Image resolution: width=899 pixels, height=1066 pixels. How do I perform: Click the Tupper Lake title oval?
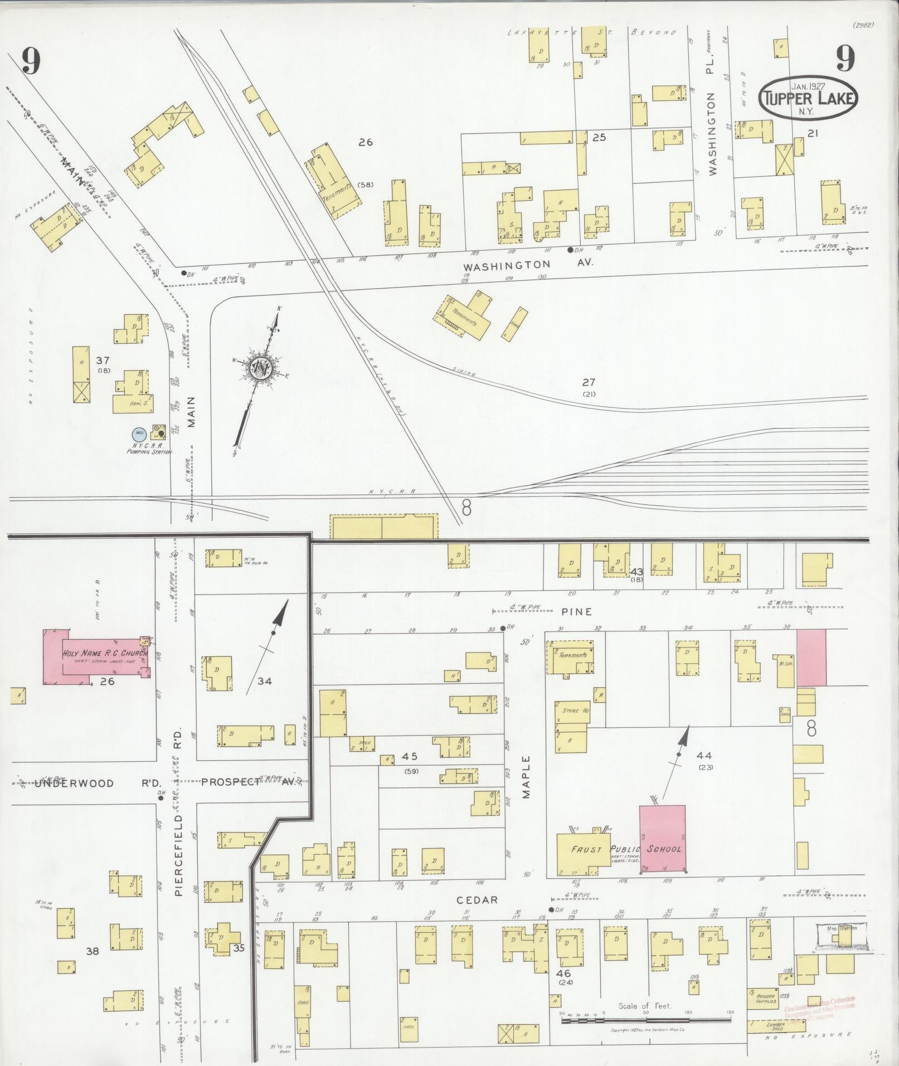pyautogui.click(x=808, y=98)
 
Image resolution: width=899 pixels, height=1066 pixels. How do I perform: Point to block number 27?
pyautogui.click(x=589, y=382)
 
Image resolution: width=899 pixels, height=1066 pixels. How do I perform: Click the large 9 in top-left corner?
pyautogui.click(x=31, y=61)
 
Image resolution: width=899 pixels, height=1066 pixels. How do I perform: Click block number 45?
pyautogui.click(x=410, y=756)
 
